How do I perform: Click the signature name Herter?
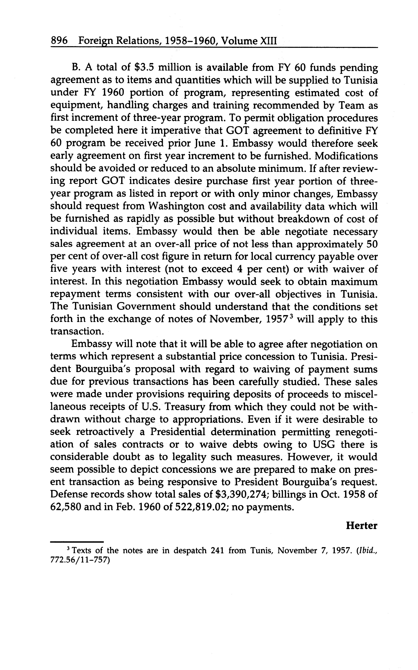(x=361, y=525)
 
